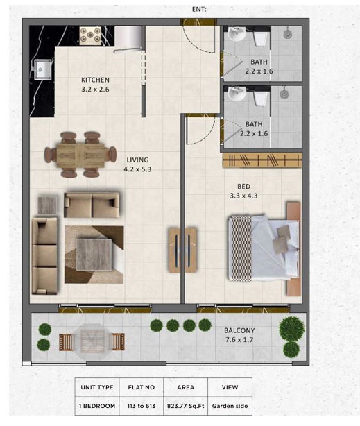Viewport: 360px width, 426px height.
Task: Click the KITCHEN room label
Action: click(x=96, y=80)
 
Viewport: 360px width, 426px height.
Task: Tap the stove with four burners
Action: click(x=91, y=35)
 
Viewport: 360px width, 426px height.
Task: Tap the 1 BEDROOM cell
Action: click(x=96, y=406)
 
